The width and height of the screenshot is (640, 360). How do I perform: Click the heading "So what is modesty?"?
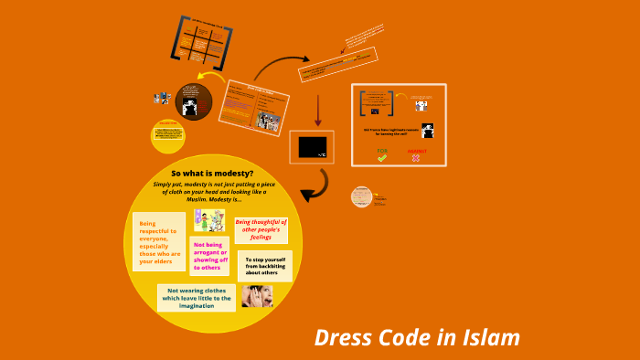coord(212,174)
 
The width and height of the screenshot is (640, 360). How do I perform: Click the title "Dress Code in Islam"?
coord(417,337)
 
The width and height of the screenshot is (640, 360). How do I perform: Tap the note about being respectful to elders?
coord(157,241)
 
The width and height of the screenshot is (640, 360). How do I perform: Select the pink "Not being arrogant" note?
coord(209,256)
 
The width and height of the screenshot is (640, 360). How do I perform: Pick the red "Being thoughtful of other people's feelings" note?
coord(261,229)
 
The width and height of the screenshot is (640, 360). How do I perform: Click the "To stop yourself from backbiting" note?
coord(264,266)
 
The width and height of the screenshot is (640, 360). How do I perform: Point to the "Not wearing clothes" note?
coord(197,297)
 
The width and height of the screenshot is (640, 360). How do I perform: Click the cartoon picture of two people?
coord(209,220)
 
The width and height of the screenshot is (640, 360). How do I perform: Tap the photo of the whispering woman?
coord(257,296)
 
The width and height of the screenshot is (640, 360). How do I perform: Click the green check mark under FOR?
coord(382,158)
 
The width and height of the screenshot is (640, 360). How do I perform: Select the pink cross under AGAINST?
coord(416,158)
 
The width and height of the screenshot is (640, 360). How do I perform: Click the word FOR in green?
coord(382,149)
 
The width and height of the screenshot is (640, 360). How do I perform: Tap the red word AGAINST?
coord(416,149)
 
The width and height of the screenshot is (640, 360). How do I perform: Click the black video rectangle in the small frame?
coord(312,146)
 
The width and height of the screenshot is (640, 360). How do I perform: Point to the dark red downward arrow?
coord(318,109)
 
